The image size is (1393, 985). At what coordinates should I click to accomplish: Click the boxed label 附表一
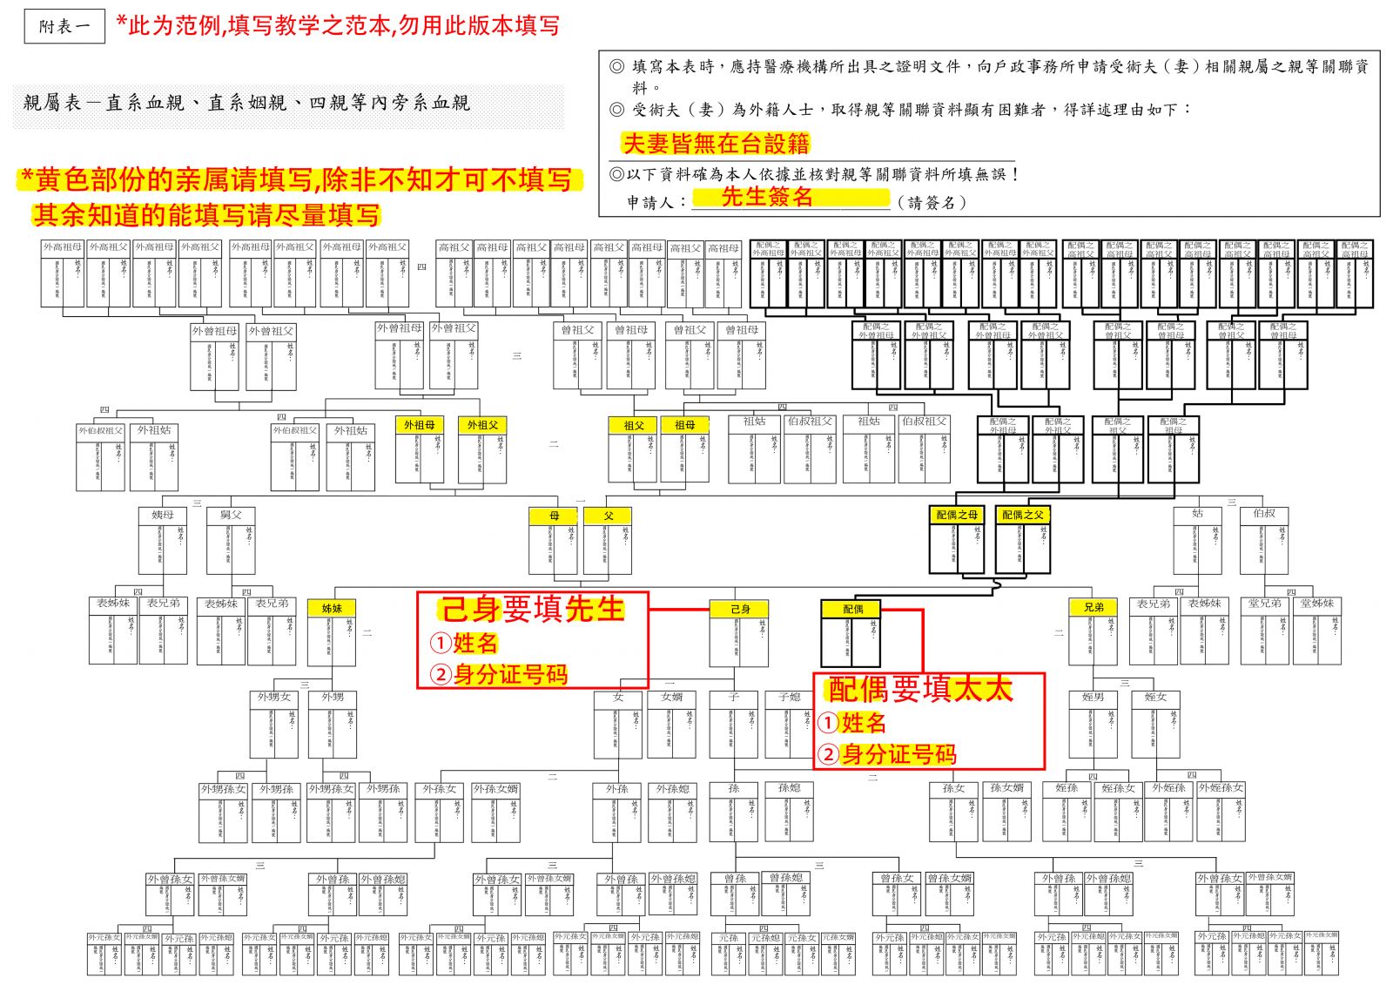(64, 27)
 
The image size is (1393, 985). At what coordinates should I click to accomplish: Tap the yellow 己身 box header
(740, 609)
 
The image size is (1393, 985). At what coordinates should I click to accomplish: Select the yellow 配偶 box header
(852, 609)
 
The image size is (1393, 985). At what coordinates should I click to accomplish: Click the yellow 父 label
(608, 516)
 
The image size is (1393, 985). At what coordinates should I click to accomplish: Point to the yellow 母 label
(554, 516)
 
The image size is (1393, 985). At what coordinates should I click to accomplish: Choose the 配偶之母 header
(957, 515)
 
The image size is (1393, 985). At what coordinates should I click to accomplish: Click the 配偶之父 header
(1022, 515)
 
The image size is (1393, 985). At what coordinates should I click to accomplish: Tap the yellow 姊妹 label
(332, 608)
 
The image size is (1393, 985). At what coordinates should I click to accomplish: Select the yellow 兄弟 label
(1094, 607)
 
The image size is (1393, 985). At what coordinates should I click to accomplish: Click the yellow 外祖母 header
(420, 425)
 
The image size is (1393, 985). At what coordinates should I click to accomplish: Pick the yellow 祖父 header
(634, 425)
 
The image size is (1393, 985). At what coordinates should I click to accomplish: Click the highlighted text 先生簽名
(766, 198)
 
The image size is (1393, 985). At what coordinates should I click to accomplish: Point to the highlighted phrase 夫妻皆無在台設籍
(716, 144)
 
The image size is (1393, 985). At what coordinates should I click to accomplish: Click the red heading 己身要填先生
(533, 610)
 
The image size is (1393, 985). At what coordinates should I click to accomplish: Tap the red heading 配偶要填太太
(920, 689)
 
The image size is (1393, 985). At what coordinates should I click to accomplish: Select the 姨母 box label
(163, 515)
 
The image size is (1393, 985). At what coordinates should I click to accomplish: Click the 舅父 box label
(231, 515)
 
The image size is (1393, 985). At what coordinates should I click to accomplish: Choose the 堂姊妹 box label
(1316, 603)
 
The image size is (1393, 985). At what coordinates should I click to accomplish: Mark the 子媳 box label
(790, 697)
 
